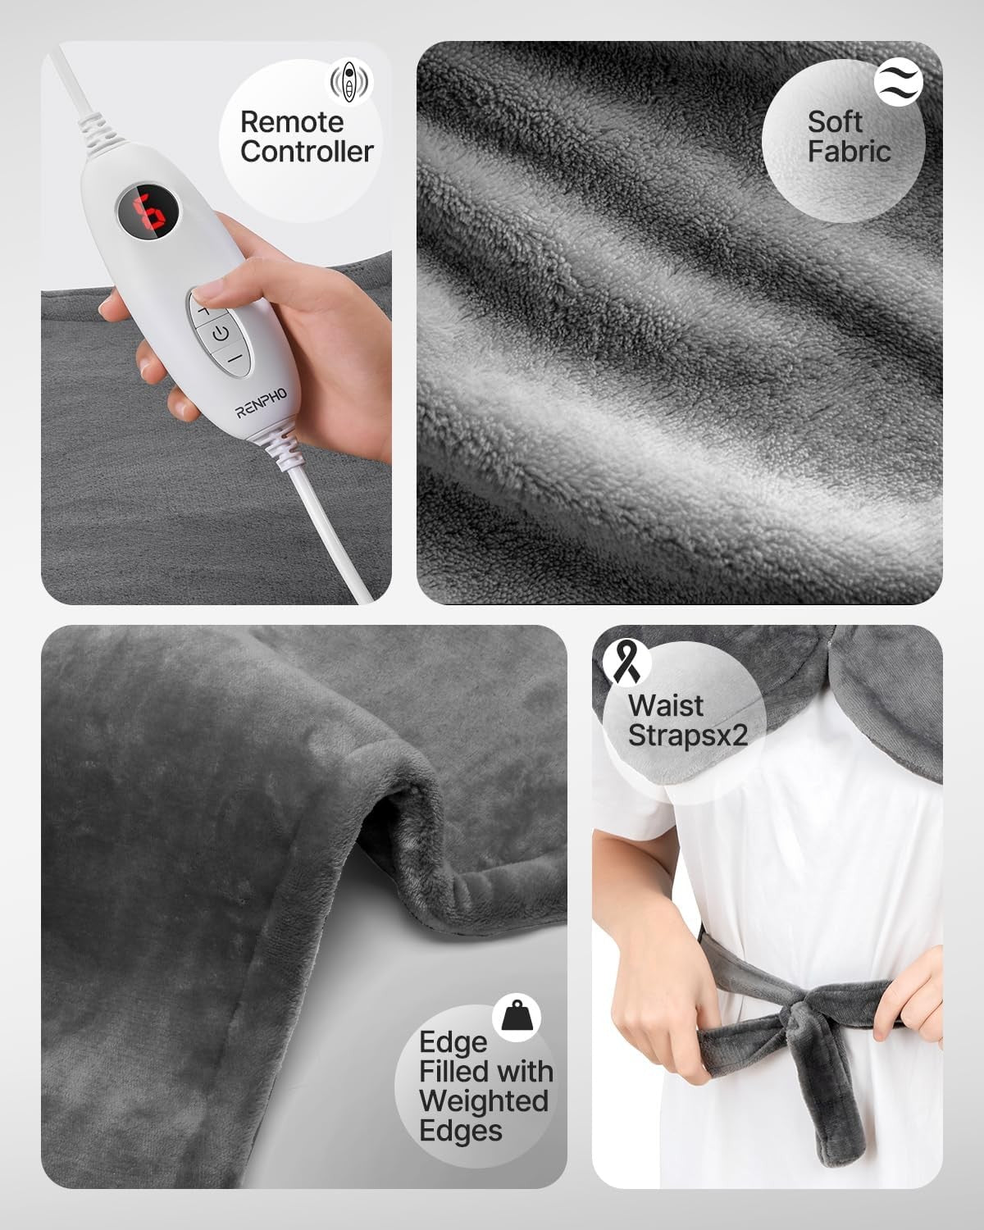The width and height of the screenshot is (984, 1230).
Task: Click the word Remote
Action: (292, 122)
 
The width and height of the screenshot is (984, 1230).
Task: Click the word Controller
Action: (307, 152)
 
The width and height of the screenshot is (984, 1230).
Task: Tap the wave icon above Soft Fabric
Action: (899, 82)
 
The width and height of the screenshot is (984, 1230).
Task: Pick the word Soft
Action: (835, 122)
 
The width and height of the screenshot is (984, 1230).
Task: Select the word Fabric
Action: (849, 152)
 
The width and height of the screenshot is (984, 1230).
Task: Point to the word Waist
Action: (665, 705)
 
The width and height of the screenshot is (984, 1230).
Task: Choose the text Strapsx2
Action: (687, 735)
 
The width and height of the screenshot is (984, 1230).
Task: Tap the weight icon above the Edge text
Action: (517, 1017)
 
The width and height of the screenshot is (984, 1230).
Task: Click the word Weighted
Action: (483, 1101)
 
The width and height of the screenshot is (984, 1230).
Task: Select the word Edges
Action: (460, 1131)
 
